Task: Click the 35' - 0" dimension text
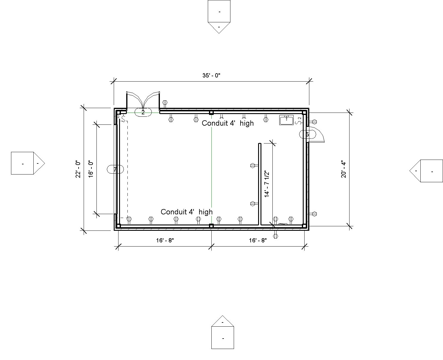(211, 75)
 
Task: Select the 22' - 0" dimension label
(78, 169)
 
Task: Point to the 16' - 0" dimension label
(91, 169)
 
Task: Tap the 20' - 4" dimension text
(343, 169)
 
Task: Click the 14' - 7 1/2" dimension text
(267, 184)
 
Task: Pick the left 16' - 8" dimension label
(165, 240)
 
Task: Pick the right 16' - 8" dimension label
(258, 240)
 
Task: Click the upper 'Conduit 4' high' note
(228, 123)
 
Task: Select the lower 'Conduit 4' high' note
(187, 212)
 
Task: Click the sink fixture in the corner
(286, 120)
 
